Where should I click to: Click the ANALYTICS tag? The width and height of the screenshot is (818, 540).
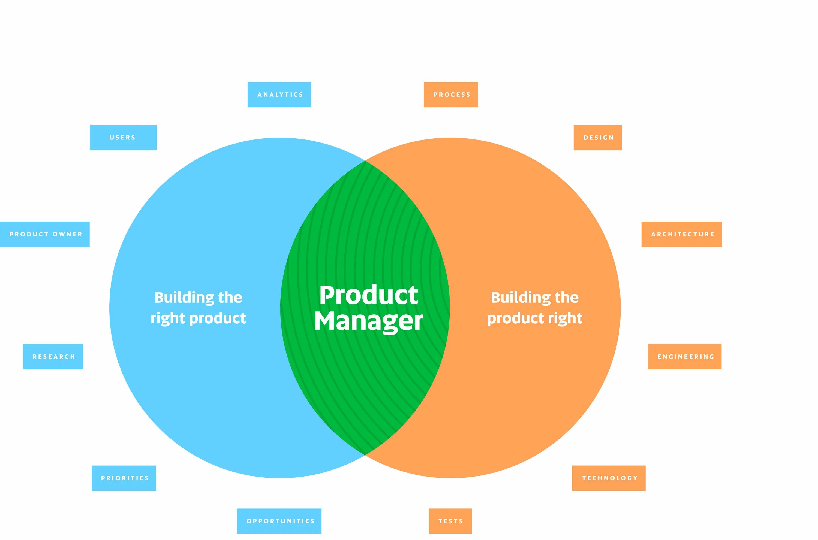pyautogui.click(x=279, y=95)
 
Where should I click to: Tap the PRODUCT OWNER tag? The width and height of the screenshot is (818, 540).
pyautogui.click(x=45, y=235)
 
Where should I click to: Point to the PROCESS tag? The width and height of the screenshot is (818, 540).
pyautogui.click(x=451, y=95)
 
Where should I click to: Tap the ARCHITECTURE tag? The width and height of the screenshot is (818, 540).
pyautogui.click(x=682, y=235)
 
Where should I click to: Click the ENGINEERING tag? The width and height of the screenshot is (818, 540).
pyautogui.click(x=685, y=357)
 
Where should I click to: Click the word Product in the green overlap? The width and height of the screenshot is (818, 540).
pyautogui.click(x=369, y=296)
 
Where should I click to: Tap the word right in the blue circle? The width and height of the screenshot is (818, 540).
pyautogui.click(x=168, y=318)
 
